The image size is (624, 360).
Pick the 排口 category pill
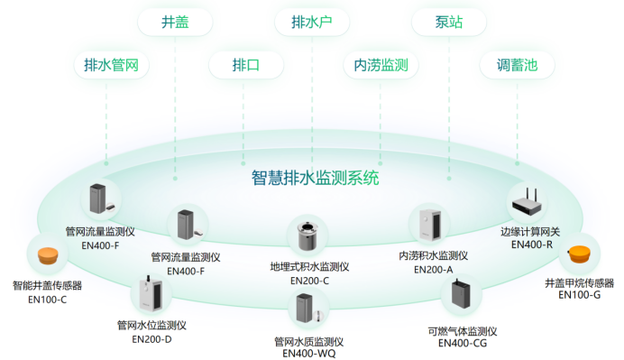[245, 65]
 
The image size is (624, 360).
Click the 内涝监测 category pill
[381, 65]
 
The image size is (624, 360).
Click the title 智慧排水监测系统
[315, 177]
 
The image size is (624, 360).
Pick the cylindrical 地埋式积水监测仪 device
[303, 236]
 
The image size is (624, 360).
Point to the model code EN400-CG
[463, 343]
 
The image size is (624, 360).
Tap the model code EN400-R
[532, 244]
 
